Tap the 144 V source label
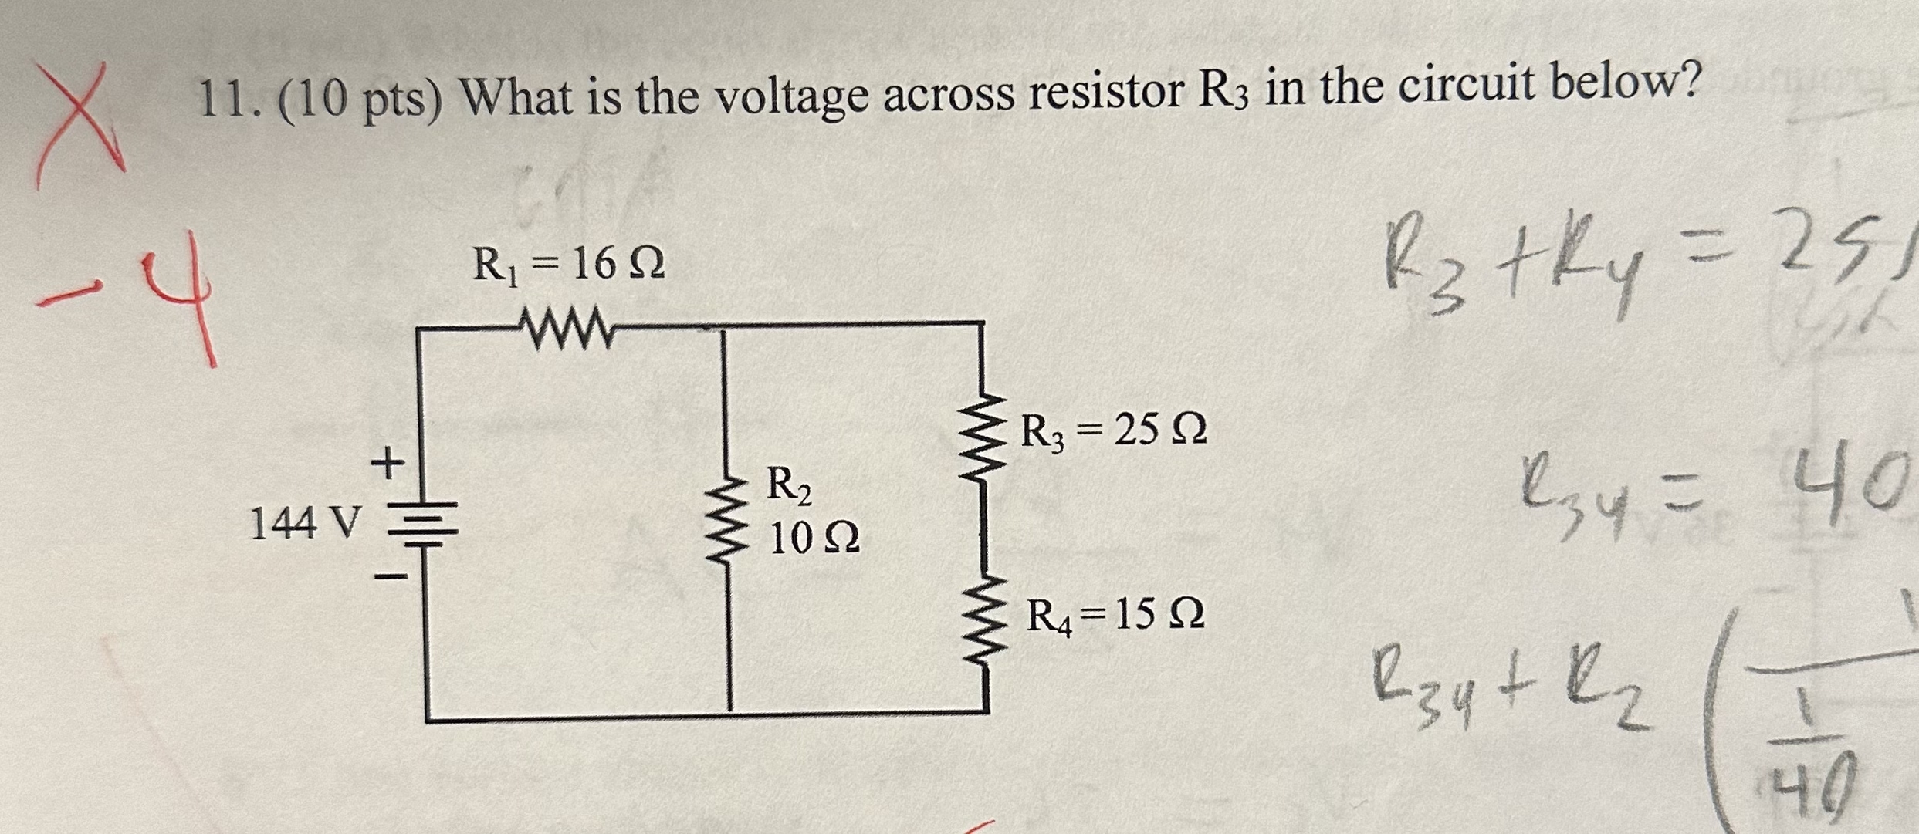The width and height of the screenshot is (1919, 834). pyautogui.click(x=306, y=525)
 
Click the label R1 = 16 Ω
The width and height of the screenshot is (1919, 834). pyautogui.click(x=568, y=265)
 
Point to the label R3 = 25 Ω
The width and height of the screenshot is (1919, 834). pyautogui.click(x=1113, y=431)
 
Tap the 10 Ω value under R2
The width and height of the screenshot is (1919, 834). pyautogui.click(x=814, y=539)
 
